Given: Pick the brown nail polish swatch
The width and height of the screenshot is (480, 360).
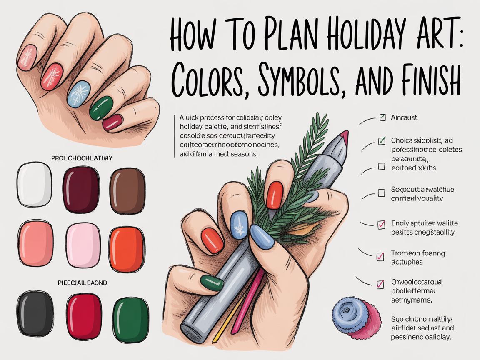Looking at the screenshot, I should tap(127, 185).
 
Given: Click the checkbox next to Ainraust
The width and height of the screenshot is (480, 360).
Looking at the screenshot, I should tap(382, 118).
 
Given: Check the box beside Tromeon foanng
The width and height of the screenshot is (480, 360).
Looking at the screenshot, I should tap(380, 256).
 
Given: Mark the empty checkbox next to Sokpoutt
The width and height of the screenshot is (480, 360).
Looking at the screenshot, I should tap(381, 193).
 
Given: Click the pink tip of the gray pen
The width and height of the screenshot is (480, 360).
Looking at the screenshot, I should tap(344, 137).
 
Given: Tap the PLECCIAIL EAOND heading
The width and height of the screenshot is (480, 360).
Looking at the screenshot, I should tap(82, 283).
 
